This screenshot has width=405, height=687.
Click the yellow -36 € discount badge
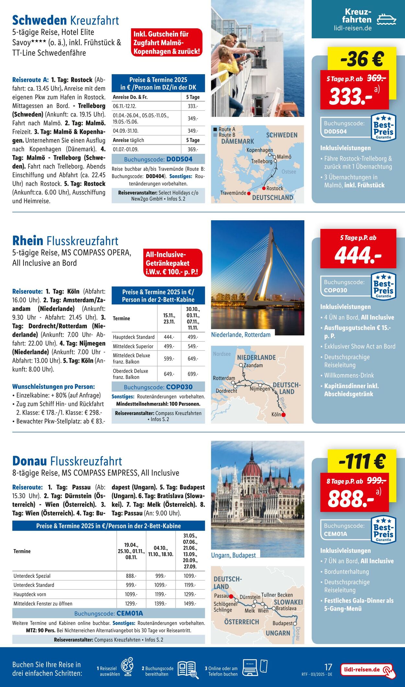(x=362, y=59)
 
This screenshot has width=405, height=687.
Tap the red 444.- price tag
(x=358, y=255)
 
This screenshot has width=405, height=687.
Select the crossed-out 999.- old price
(x=376, y=481)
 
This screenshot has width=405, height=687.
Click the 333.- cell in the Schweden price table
(x=192, y=106)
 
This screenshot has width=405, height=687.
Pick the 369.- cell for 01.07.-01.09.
(x=192, y=149)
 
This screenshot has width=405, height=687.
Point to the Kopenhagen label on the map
(x=260, y=150)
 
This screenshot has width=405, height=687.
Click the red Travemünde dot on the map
(x=249, y=193)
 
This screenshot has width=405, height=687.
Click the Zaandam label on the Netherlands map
(x=253, y=365)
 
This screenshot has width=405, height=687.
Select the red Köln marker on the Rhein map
(x=283, y=415)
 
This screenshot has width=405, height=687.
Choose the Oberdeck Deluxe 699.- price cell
(x=192, y=374)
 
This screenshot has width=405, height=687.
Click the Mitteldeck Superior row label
(x=133, y=346)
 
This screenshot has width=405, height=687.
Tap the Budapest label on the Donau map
(x=283, y=623)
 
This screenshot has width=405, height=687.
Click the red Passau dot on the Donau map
(x=231, y=596)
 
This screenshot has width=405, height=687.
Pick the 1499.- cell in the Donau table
(x=190, y=603)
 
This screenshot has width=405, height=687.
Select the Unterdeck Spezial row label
(x=32, y=576)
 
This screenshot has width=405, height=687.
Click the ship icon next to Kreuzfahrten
(x=387, y=19)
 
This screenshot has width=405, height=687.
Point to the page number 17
(x=328, y=667)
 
